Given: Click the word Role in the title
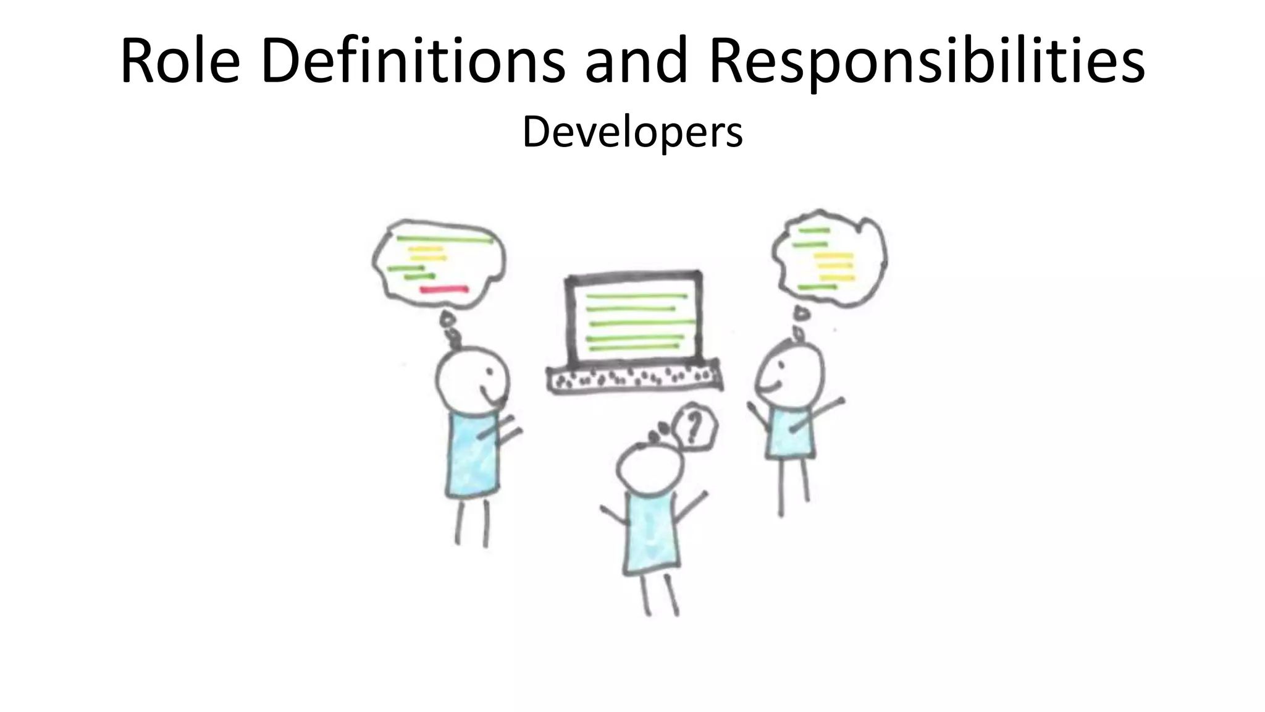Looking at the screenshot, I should pyautogui.click(x=180, y=62).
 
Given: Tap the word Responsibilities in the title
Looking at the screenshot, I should pyautogui.click(x=927, y=62).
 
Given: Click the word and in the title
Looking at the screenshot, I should pyautogui.click(x=636, y=62).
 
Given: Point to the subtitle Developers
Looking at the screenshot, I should pyautogui.click(x=632, y=132).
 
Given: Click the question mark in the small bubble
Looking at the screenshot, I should pyautogui.click(x=694, y=426).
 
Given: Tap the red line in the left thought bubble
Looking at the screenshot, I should pyautogui.click(x=443, y=289).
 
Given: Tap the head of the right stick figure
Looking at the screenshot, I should pyautogui.click(x=790, y=374).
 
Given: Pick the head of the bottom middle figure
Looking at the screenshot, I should pyautogui.click(x=649, y=469).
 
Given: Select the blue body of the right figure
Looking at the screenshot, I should pyautogui.click(x=789, y=433).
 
